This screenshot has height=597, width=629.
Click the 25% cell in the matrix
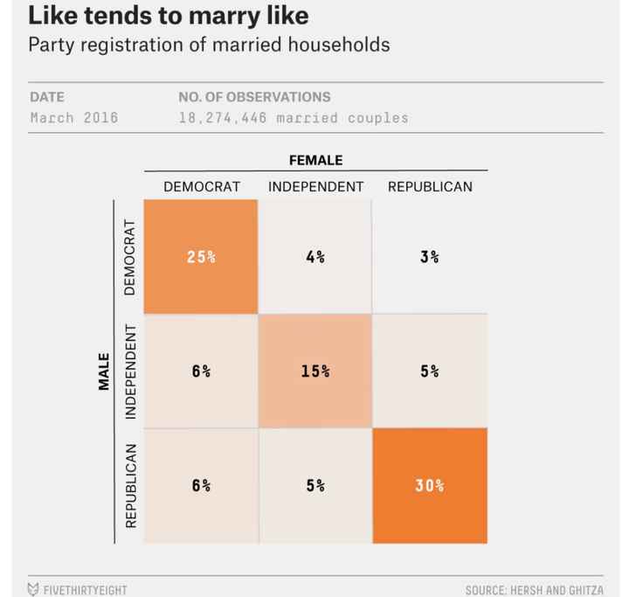click(201, 257)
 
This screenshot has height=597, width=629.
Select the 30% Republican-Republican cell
click(429, 485)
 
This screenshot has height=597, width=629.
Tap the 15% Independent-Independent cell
click(315, 371)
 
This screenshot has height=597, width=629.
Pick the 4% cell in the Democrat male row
click(315, 257)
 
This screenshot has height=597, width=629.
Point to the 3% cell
click(429, 257)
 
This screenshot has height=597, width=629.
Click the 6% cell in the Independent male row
click(201, 371)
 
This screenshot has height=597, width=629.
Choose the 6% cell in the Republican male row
click(201, 485)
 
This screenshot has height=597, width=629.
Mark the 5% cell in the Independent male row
click(429, 371)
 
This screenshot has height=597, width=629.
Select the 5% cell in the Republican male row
click(315, 485)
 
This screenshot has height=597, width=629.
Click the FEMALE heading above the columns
click(315, 160)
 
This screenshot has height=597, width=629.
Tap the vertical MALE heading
click(104, 371)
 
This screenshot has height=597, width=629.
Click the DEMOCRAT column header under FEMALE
click(201, 186)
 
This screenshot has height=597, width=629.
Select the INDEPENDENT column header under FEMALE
click(315, 186)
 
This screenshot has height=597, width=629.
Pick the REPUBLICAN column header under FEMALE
click(430, 186)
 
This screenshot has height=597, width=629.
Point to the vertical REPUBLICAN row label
click(131, 485)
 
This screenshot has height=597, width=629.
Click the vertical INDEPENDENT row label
click(131, 371)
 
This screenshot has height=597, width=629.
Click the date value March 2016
click(73, 117)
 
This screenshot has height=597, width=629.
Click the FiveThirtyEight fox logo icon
click(33, 589)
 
